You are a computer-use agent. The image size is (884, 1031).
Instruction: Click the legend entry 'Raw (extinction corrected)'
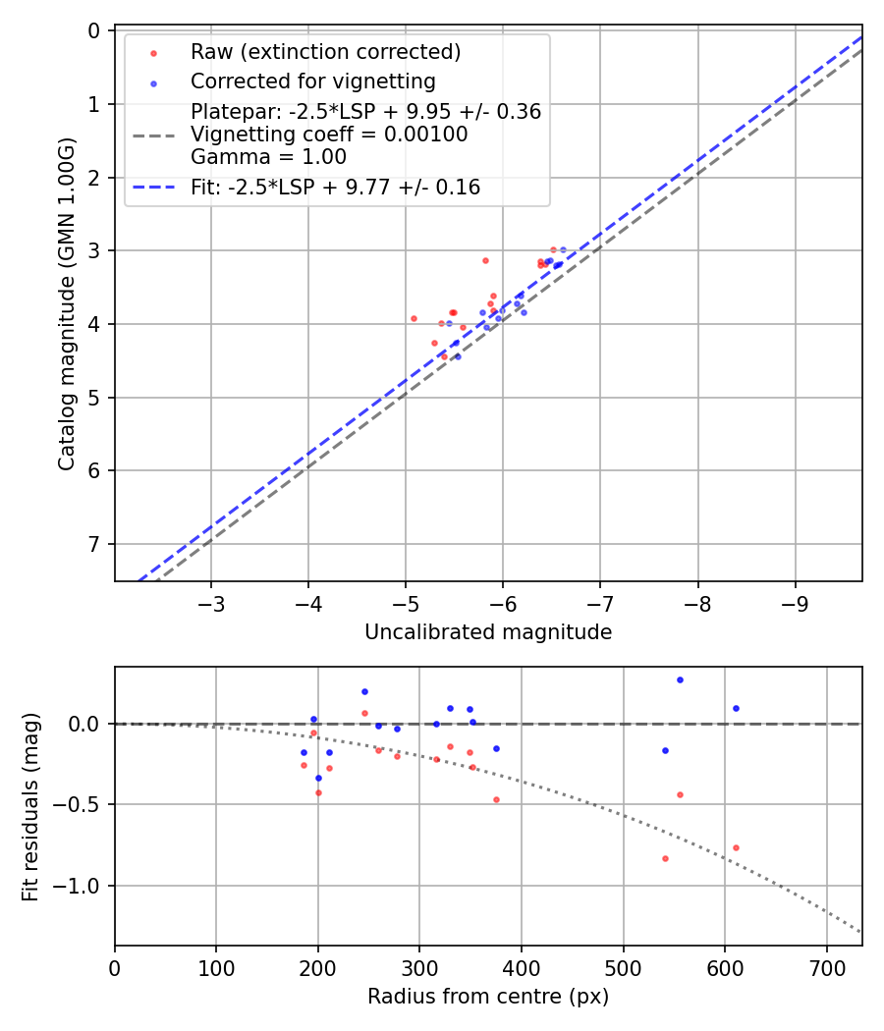tap(325, 52)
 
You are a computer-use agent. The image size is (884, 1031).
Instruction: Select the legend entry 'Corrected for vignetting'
tap(312, 81)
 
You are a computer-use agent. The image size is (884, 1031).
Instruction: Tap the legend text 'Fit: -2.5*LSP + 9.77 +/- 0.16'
tap(335, 188)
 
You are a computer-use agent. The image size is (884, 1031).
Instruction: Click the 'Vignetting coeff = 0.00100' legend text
tap(329, 135)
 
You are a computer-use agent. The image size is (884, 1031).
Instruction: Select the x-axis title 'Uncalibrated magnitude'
tap(488, 632)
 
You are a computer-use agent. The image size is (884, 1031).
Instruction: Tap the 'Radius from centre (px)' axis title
tap(488, 997)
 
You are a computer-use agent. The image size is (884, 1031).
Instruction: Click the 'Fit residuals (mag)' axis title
tap(30, 806)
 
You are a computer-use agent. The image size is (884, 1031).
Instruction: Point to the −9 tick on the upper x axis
tap(795, 602)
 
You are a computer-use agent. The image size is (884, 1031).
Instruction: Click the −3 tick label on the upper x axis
tap(211, 602)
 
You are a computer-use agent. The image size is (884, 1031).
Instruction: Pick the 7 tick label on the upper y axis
tap(95, 544)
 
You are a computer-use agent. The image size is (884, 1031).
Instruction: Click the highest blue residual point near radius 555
tap(680, 679)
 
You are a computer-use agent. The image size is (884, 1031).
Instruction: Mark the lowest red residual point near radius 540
tap(665, 858)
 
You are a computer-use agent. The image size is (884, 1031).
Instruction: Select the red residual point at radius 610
tap(736, 847)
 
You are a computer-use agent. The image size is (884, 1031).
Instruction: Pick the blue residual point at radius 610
tap(736, 708)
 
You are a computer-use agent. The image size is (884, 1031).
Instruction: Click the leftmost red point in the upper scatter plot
tap(414, 318)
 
